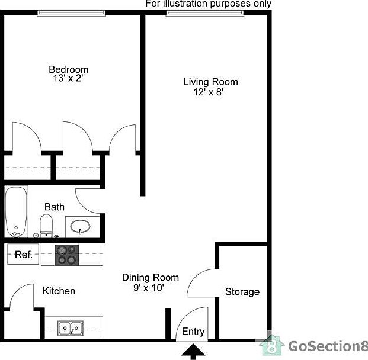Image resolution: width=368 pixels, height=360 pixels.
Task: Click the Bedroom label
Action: (x=69, y=70)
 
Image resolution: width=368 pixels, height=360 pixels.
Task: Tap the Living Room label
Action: (x=210, y=82)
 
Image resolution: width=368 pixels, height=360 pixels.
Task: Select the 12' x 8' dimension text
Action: (x=208, y=92)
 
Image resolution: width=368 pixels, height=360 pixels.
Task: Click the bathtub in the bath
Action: (x=16, y=212)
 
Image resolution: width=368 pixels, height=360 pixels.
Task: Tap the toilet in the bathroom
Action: (x=46, y=225)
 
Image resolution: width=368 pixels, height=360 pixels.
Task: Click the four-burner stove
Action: (x=66, y=255)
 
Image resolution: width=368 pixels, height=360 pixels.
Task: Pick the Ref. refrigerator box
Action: (x=23, y=255)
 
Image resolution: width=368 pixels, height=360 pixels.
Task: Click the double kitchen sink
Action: (x=71, y=327)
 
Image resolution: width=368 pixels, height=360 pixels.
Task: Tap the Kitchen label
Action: (x=59, y=291)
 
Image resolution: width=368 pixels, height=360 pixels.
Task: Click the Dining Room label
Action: (x=151, y=278)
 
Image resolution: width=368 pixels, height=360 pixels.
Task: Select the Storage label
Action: (x=242, y=292)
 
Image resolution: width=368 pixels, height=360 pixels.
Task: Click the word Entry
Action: (x=193, y=332)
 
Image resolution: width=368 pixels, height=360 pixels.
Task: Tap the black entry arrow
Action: (x=191, y=352)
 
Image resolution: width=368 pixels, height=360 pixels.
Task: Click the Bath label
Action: (x=55, y=207)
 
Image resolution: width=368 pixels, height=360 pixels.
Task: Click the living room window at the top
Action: (x=205, y=12)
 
